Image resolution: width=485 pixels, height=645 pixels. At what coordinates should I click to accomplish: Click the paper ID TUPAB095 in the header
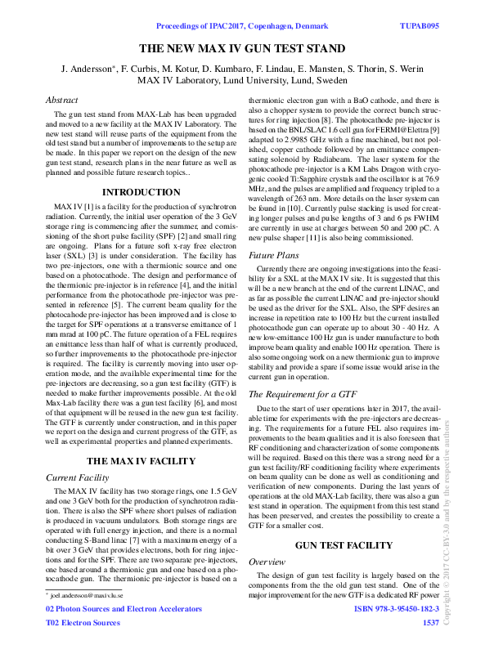420,26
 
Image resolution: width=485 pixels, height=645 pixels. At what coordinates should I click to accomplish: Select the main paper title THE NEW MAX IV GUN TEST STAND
243,48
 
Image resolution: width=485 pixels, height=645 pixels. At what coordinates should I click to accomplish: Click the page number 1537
430,623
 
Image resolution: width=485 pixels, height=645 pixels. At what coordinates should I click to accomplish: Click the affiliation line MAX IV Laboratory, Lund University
242,80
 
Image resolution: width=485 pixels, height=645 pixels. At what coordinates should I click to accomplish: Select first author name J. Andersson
88,68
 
